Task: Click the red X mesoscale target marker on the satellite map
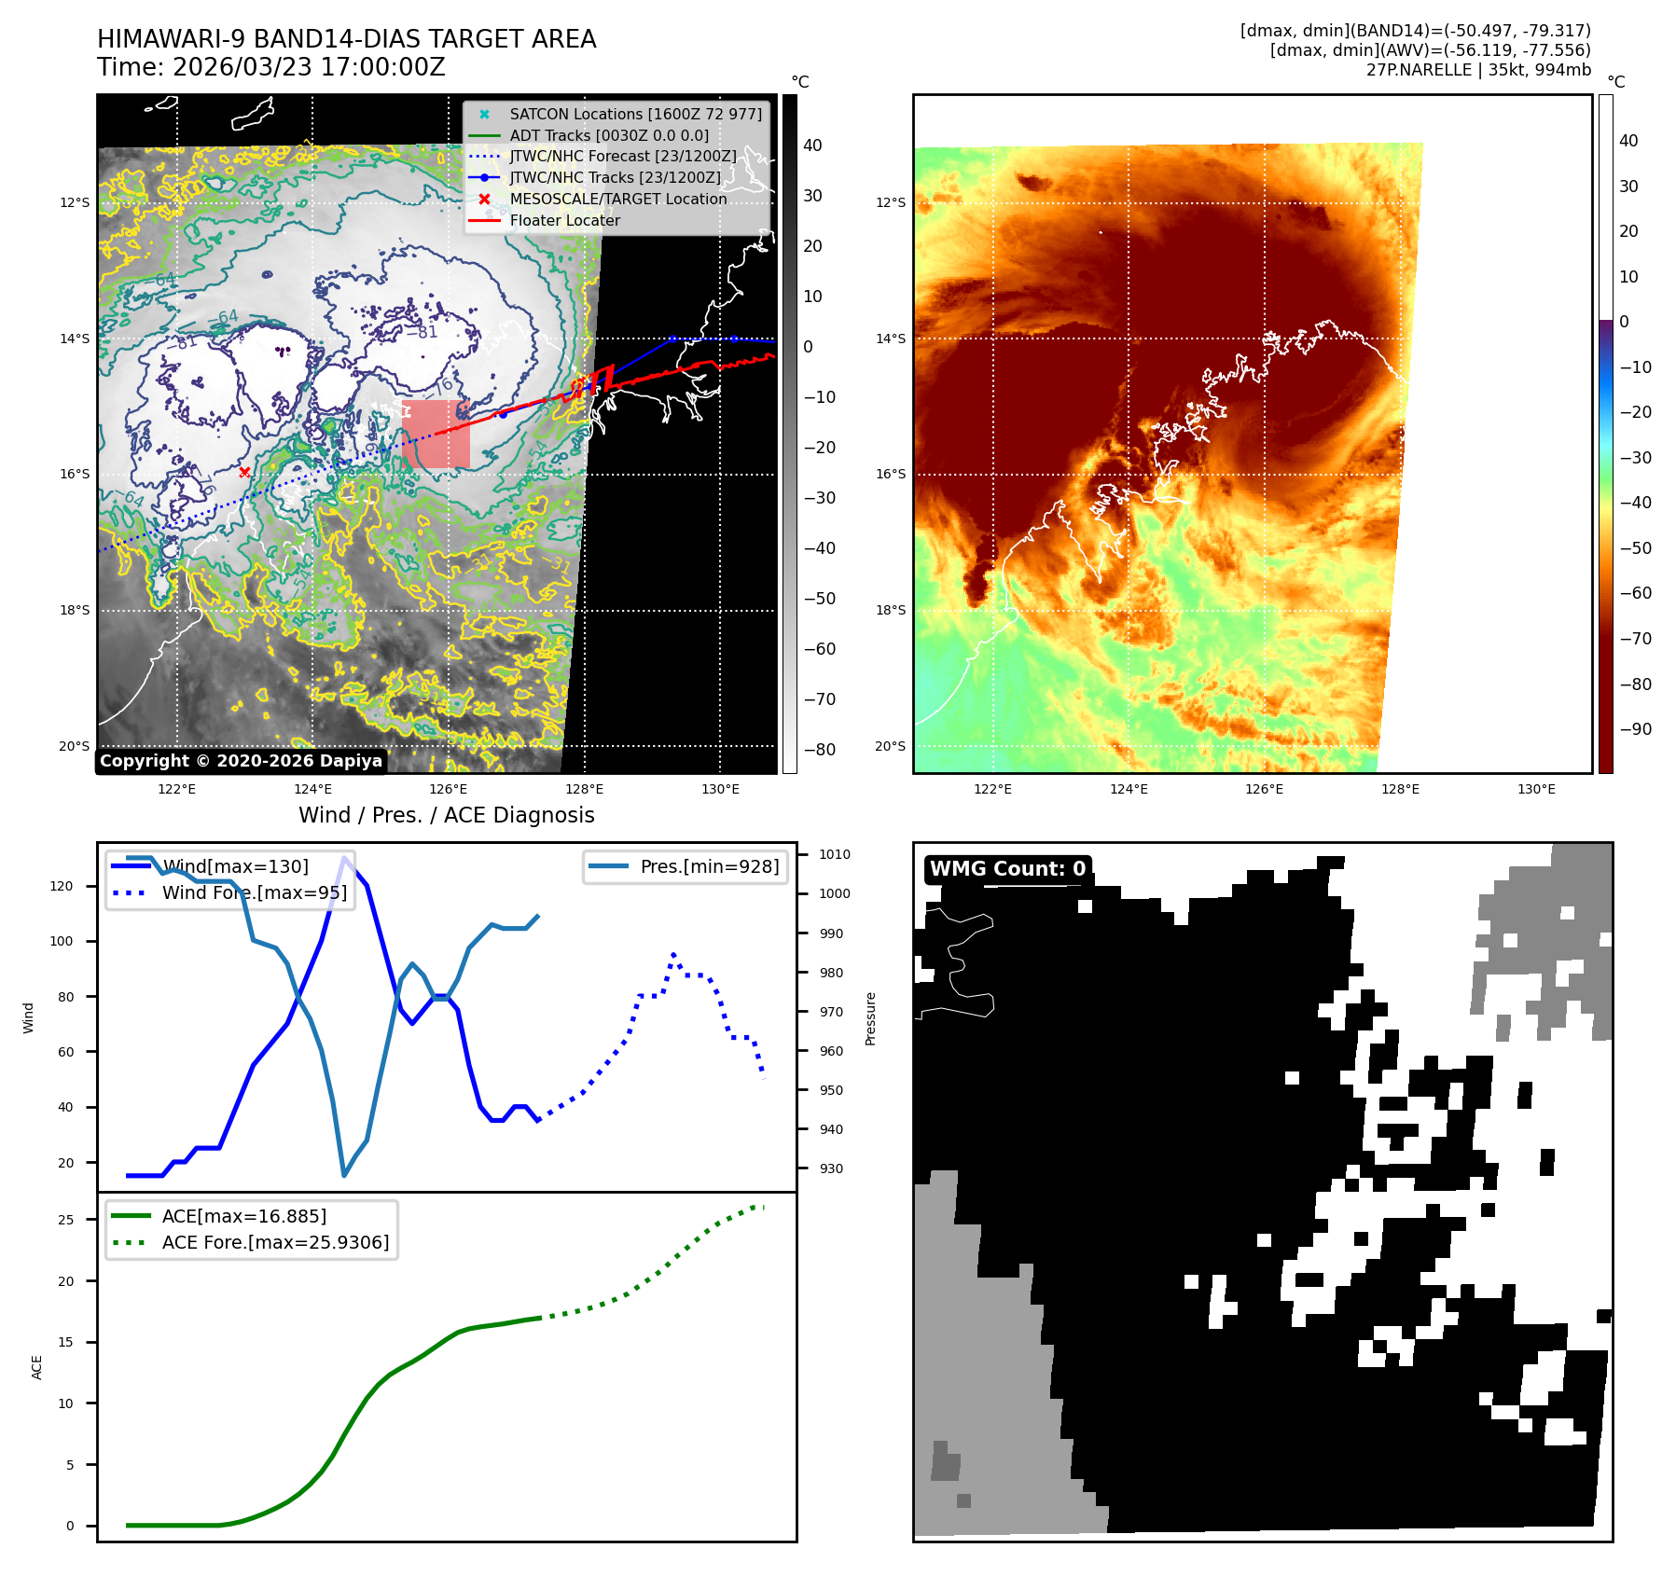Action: point(244,473)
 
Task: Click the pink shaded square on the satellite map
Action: point(436,434)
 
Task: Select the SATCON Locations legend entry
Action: point(634,114)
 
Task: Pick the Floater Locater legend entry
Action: point(564,220)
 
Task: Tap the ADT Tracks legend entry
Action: point(608,135)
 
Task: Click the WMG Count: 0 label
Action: point(1007,869)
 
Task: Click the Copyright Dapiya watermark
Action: point(241,761)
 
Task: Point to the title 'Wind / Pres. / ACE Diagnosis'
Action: point(446,815)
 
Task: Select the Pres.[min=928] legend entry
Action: point(709,866)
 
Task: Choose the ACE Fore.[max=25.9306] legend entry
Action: point(275,1242)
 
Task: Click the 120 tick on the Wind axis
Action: point(62,886)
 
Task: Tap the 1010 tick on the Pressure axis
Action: point(835,854)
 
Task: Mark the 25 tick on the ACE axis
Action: point(66,1220)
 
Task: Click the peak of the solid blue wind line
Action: point(345,858)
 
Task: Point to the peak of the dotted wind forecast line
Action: point(673,955)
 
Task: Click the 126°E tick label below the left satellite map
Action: point(449,789)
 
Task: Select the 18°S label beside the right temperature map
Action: point(890,610)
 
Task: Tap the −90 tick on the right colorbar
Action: point(1635,729)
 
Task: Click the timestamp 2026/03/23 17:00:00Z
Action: point(309,67)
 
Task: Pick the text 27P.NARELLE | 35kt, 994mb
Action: point(1478,70)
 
